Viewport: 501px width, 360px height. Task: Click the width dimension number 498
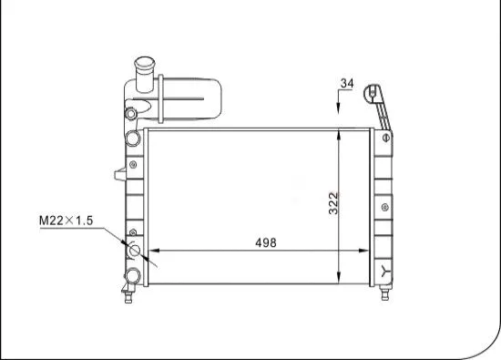tap(266, 242)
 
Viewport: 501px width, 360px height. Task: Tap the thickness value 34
tap(346, 84)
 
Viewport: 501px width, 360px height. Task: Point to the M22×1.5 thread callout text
tap(66, 221)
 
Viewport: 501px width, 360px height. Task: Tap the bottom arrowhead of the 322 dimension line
tap(340, 277)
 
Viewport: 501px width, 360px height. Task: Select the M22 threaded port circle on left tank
tap(135, 251)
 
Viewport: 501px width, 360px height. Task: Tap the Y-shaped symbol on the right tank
tap(387, 271)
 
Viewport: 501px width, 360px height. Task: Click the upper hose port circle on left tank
tap(134, 138)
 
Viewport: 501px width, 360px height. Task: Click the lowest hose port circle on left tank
tap(133, 274)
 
